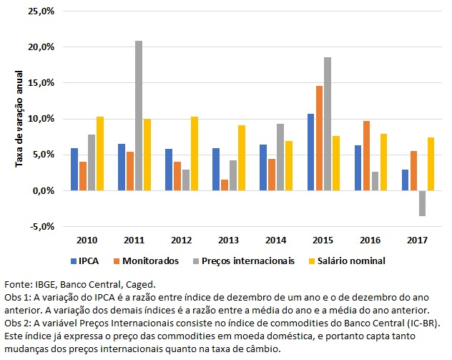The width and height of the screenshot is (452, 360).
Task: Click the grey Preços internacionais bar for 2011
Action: (138, 115)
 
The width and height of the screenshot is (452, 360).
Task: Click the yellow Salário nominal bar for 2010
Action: (100, 153)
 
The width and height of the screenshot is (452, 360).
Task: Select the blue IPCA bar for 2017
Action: (404, 180)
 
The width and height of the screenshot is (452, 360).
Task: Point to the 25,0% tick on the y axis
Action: (41, 11)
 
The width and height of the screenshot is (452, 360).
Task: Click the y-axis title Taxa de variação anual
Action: (19, 119)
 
